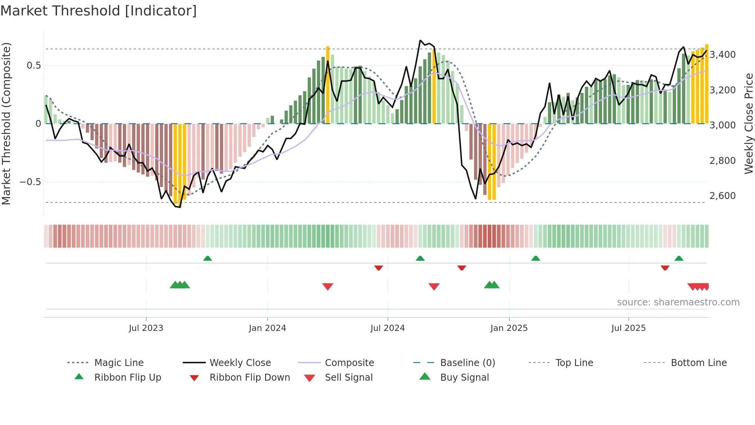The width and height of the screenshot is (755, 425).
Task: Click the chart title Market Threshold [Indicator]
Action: (x=99, y=11)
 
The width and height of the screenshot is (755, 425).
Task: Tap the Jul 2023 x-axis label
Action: (x=146, y=328)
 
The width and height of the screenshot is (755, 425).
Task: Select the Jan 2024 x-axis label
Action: (x=267, y=328)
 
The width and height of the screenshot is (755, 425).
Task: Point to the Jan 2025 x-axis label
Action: (x=509, y=328)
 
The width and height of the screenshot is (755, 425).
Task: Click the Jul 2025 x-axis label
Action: (x=628, y=328)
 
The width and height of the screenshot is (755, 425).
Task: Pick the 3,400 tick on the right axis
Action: (x=723, y=55)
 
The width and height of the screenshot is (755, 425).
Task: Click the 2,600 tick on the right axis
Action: (x=723, y=196)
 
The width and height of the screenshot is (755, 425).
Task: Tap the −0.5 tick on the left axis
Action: (x=30, y=182)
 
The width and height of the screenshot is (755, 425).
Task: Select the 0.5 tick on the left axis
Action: (x=34, y=66)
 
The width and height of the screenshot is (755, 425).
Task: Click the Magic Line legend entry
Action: (x=119, y=363)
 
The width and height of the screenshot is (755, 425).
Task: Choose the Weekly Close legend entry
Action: (x=240, y=363)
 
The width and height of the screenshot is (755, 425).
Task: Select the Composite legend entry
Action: (x=349, y=363)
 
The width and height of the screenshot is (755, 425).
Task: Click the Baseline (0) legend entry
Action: (x=467, y=363)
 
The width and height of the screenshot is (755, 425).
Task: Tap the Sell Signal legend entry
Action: (x=348, y=378)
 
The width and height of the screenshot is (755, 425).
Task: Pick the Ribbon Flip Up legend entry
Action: (x=128, y=378)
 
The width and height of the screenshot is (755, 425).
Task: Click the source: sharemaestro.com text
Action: (x=678, y=302)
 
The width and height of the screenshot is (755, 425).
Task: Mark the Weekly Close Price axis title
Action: (x=748, y=123)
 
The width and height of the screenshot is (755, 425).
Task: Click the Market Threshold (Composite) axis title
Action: (x=6, y=123)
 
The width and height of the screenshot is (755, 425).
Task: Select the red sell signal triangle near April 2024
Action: (x=328, y=287)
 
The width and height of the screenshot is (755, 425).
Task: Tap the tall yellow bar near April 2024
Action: (x=328, y=85)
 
